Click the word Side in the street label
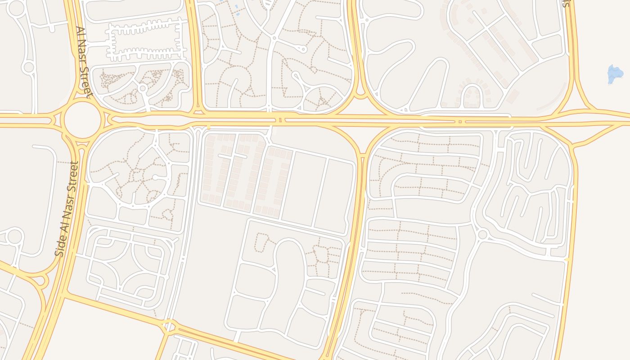point(60,246)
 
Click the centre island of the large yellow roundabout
point(81,120)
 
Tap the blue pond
point(615,73)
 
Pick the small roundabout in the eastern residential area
point(483,234)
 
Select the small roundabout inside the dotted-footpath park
point(143,88)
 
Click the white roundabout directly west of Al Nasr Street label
point(28,67)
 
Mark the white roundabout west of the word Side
point(14,236)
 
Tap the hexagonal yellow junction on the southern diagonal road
point(168,326)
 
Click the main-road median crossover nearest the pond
point(459,121)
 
